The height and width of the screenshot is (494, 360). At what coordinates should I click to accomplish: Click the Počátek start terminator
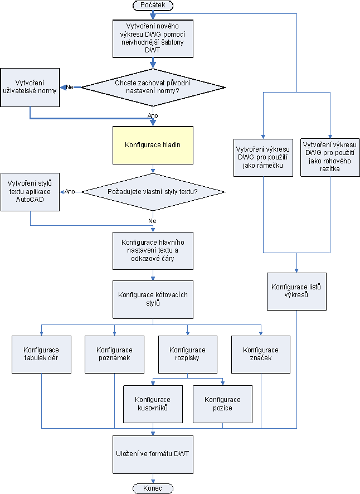click(153, 5)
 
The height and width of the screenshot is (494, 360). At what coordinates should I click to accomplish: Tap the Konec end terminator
click(153, 488)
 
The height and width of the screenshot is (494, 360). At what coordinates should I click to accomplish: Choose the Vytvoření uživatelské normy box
click(30, 86)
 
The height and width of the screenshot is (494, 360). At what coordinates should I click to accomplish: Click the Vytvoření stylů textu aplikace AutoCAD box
click(30, 191)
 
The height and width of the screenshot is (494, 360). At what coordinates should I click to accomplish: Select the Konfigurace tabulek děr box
click(42, 354)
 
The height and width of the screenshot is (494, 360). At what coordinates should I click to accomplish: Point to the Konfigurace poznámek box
click(114, 354)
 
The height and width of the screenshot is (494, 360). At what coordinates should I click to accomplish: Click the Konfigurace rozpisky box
click(187, 354)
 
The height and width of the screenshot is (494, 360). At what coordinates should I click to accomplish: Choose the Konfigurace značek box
click(260, 354)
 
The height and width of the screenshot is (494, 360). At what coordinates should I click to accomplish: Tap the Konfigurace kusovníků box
click(153, 404)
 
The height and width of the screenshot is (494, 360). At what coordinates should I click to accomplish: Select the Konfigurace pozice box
click(222, 404)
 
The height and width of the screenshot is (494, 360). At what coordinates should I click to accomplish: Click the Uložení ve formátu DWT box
click(153, 454)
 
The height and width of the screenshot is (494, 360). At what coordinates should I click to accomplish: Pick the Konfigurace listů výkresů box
click(296, 291)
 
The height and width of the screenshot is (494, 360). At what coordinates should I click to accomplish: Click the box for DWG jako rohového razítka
click(330, 157)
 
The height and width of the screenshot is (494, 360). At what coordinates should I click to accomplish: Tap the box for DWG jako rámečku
click(264, 157)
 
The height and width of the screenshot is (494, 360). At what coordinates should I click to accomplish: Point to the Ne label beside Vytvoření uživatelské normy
click(71, 87)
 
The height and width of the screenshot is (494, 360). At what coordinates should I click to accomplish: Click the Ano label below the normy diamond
click(153, 115)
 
